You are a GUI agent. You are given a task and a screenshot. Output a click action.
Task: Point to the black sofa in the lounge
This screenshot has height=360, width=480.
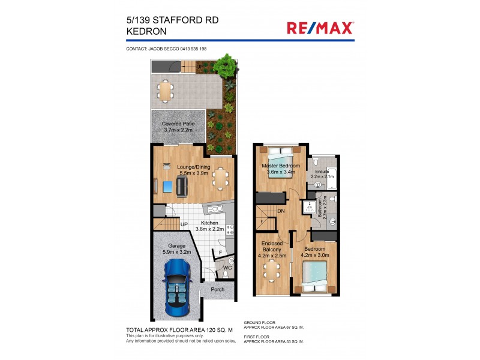click(x=181, y=187)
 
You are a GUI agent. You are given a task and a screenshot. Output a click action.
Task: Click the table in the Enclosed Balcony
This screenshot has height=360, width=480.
click(x=274, y=272)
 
